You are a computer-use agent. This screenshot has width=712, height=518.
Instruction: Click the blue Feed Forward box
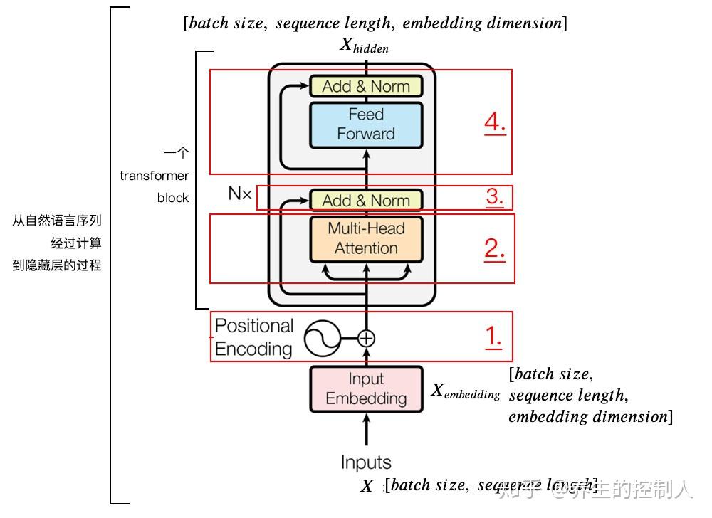366,125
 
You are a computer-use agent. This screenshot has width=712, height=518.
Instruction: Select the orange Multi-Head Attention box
366,238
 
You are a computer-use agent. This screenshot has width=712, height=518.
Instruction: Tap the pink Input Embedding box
366,388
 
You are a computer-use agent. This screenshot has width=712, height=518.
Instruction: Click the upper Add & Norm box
366,86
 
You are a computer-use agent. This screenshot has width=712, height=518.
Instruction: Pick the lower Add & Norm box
366,201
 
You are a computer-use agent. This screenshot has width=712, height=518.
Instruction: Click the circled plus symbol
366,339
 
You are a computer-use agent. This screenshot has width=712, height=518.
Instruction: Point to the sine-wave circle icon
322,339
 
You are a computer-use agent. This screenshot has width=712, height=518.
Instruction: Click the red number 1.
494,337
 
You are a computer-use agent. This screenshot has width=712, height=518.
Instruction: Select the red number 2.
494,248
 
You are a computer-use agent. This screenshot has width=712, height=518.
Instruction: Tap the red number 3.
495,196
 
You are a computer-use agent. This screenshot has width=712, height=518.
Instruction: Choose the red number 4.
494,122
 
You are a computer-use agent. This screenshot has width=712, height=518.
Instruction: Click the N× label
240,194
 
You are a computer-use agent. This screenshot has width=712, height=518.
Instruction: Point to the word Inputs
366,462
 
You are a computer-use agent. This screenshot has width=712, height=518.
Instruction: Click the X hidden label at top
364,46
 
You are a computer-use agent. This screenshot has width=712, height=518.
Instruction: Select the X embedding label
466,391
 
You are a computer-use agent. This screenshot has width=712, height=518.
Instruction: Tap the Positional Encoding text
254,337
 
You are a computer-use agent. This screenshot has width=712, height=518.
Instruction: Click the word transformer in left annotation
154,176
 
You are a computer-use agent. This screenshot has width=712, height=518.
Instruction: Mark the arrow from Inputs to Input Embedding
366,431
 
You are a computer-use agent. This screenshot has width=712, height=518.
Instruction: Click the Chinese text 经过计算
75,243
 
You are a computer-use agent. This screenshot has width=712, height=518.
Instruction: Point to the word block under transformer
173,198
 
